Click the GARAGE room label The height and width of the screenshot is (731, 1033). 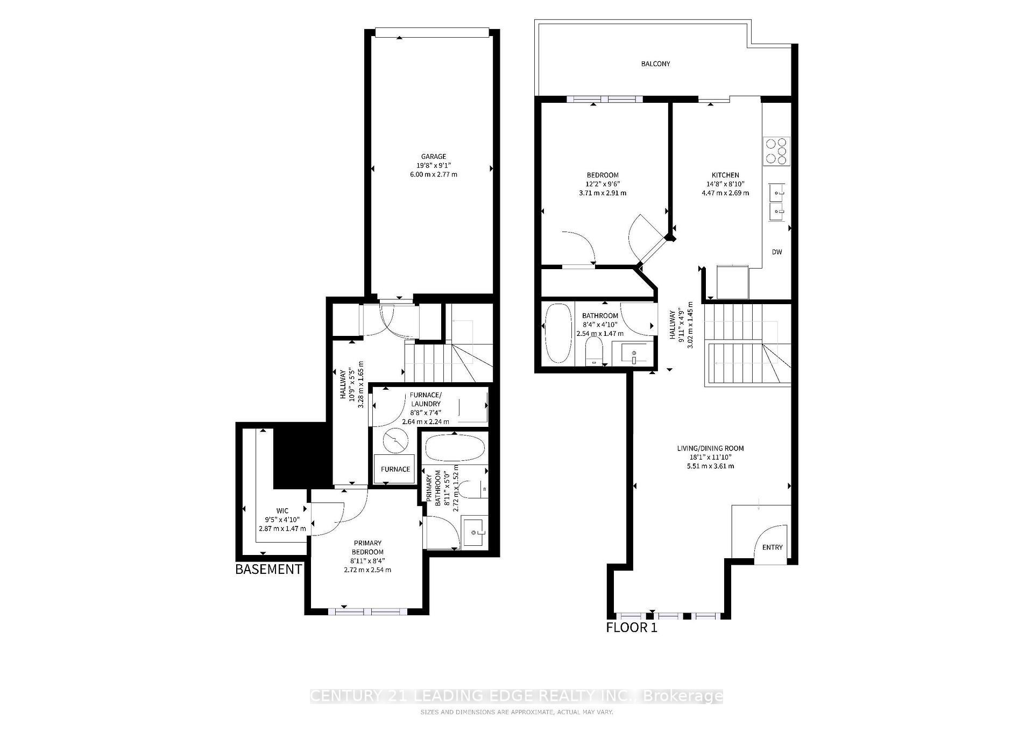433,157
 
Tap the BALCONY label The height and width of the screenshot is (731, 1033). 655,64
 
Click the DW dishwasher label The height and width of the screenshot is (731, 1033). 776,252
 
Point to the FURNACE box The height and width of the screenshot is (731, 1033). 395,469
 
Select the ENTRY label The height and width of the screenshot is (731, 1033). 772,547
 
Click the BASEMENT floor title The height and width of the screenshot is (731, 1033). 268,569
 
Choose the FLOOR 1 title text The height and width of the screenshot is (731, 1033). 632,627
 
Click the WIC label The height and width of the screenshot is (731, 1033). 282,511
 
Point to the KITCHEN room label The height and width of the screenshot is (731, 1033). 725,175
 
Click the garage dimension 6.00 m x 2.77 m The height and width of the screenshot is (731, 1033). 433,174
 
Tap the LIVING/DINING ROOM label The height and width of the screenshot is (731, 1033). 710,448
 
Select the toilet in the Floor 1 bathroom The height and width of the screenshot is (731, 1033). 595,350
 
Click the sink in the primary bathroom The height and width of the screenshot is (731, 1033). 475,532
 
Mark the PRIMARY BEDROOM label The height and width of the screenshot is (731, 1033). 367,547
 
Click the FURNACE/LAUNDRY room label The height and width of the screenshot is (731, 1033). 425,399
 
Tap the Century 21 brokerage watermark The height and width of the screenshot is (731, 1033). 516,697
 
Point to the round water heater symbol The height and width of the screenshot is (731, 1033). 396,440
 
